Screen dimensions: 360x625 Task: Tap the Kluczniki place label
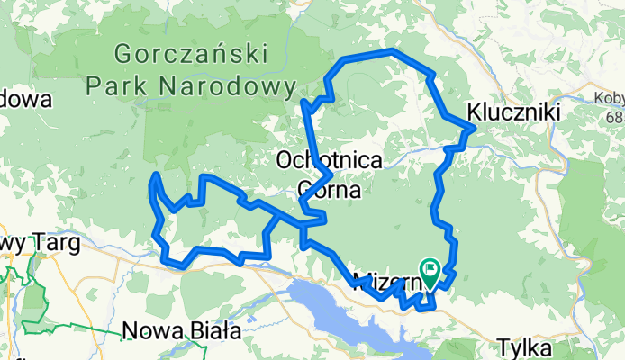pyautogui.click(x=514, y=112)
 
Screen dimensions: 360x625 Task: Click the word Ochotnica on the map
pyautogui.click(x=330, y=160)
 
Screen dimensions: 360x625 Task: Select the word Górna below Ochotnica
pyautogui.click(x=329, y=190)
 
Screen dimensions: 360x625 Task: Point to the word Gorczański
pyautogui.click(x=193, y=54)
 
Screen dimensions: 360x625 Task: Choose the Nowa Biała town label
pyautogui.click(x=182, y=331)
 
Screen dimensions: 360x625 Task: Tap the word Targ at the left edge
pyautogui.click(x=54, y=244)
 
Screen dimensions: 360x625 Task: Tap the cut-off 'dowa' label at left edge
pyautogui.click(x=25, y=100)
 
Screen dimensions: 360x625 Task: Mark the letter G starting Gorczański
pyautogui.click(x=123, y=54)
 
